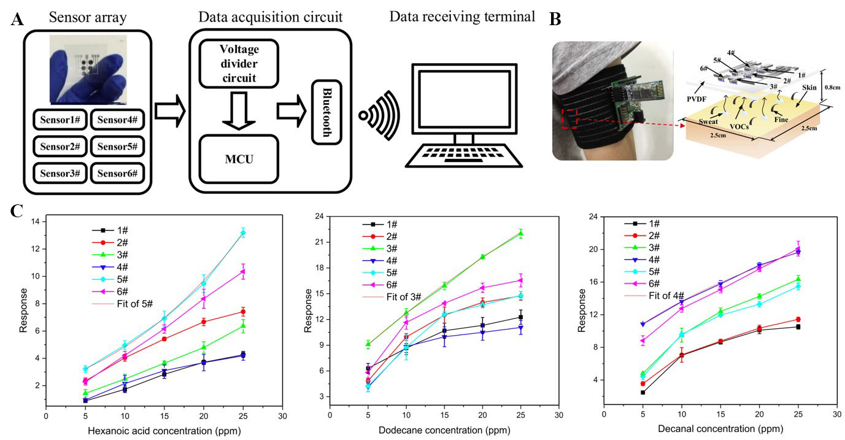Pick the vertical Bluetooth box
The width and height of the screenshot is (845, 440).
pos(326,112)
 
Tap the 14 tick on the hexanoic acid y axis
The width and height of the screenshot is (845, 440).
pos(38,222)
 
